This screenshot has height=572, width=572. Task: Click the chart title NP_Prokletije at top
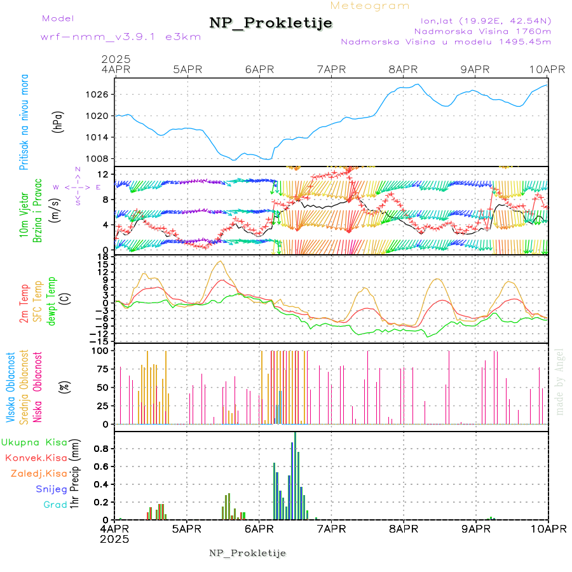click(x=271, y=24)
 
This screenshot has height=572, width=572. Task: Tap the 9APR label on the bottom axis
click(x=475, y=528)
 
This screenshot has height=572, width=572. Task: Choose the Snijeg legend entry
click(x=54, y=489)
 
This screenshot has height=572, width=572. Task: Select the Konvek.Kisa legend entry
click(x=36, y=458)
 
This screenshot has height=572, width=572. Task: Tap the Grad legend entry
click(x=55, y=505)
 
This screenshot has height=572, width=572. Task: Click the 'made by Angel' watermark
click(x=559, y=381)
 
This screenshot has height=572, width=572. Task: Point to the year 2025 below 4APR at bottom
click(x=115, y=538)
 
